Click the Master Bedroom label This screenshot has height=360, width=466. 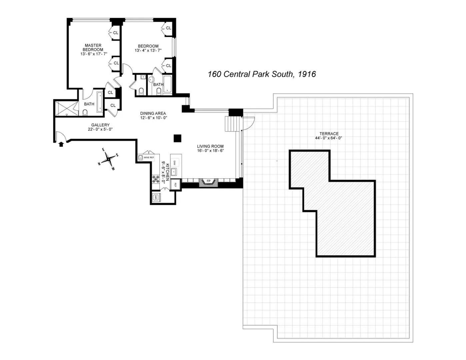pyautogui.click(x=93, y=47)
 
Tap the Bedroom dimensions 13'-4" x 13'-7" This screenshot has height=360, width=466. pyautogui.click(x=148, y=51)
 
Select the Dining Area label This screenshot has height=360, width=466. pyautogui.click(x=153, y=113)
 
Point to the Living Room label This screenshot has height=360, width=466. pyautogui.click(x=210, y=146)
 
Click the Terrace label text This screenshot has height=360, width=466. pyautogui.click(x=329, y=134)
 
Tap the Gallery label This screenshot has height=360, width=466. pyautogui.click(x=100, y=125)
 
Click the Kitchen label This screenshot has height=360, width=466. pyautogui.click(x=167, y=171)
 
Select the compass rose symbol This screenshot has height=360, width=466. pyautogui.click(x=109, y=159)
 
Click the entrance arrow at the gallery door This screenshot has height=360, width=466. pyautogui.click(x=61, y=144)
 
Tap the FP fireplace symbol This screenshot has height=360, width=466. pyautogui.click(x=209, y=182)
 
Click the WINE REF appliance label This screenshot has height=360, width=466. pyautogui.click(x=149, y=157)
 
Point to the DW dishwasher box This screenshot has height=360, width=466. pyautogui.click(x=175, y=163)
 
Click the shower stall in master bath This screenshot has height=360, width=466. pyautogui.click(x=66, y=108)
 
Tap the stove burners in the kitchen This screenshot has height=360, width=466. pyautogui.click(x=156, y=179)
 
